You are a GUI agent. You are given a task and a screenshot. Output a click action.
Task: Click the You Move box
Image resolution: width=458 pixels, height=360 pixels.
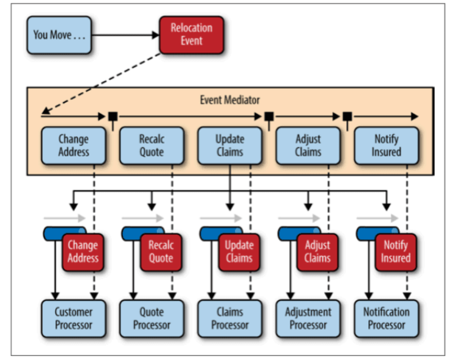(x=59, y=35)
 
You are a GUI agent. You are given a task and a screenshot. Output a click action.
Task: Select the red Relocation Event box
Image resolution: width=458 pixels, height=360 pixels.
(x=192, y=35)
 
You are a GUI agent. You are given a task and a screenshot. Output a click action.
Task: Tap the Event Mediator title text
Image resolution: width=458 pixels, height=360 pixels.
(x=230, y=100)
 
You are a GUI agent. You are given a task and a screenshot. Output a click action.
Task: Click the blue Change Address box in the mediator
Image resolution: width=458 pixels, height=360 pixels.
(x=73, y=146)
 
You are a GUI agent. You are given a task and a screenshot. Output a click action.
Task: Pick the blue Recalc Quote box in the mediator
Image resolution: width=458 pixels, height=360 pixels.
(x=152, y=146)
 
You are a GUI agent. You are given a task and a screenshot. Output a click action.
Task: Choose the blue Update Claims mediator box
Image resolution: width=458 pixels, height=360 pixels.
(x=230, y=146)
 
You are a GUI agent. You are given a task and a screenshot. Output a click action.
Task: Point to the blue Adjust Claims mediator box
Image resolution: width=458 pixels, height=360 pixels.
(x=308, y=146)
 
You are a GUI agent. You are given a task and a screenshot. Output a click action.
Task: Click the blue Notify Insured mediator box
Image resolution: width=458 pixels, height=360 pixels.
(x=386, y=146)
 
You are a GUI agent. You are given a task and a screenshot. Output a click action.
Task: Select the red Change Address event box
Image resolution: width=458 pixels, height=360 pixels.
(x=83, y=252)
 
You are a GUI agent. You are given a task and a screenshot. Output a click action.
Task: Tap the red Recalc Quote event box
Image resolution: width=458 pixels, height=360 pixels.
(x=161, y=252)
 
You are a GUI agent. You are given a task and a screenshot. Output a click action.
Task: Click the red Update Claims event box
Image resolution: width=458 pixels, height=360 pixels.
(x=239, y=252)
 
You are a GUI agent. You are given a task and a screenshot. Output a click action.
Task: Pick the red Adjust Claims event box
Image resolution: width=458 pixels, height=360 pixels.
(x=318, y=252)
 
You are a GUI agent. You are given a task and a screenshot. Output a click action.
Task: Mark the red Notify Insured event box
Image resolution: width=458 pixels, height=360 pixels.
(x=396, y=252)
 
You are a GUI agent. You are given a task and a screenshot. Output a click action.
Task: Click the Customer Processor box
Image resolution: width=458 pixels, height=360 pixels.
(x=73, y=318)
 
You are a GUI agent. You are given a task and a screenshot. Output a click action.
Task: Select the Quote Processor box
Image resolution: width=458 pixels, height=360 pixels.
(x=152, y=318)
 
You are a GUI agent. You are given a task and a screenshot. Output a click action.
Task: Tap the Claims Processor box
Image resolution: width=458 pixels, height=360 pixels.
(x=230, y=318)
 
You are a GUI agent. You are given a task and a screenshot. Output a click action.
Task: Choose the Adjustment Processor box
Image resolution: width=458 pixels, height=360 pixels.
(x=308, y=318)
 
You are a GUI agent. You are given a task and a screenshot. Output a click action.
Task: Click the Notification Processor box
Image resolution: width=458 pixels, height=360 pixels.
(x=386, y=318)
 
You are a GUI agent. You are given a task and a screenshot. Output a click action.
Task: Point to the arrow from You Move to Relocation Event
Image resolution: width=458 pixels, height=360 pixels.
(x=126, y=35)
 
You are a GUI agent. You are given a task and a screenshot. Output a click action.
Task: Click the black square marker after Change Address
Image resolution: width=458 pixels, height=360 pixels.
(x=113, y=117)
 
